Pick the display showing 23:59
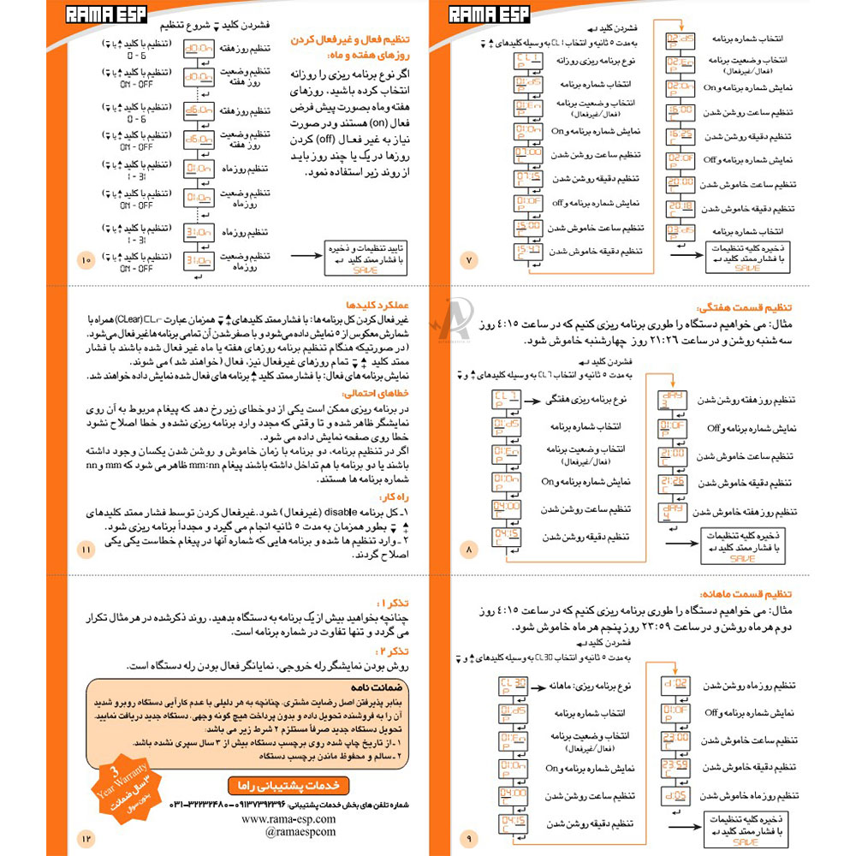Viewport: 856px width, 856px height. (675, 765)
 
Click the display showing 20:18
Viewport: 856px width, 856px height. (681, 208)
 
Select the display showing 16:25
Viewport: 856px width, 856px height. (681, 136)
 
